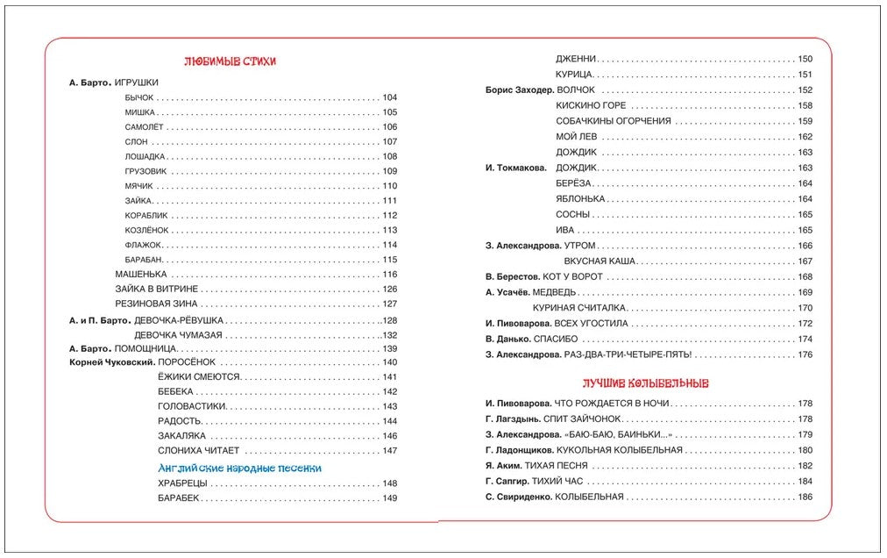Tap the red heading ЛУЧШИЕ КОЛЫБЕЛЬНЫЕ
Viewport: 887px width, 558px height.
coord(646,383)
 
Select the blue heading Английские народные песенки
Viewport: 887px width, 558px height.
coord(239,469)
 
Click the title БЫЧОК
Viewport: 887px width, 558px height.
coord(140,97)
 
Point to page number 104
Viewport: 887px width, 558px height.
coord(390,97)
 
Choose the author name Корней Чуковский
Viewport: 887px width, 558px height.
coord(112,361)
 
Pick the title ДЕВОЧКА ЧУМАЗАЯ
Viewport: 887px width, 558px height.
coord(178,335)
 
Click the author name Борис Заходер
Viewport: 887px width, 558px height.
coord(518,89)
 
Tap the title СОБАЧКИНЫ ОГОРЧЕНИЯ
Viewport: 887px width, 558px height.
coord(600,121)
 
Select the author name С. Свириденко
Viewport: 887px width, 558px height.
coord(518,497)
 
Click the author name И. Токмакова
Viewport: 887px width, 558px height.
coord(515,168)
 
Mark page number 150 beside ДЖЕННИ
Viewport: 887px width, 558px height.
coord(805,59)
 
